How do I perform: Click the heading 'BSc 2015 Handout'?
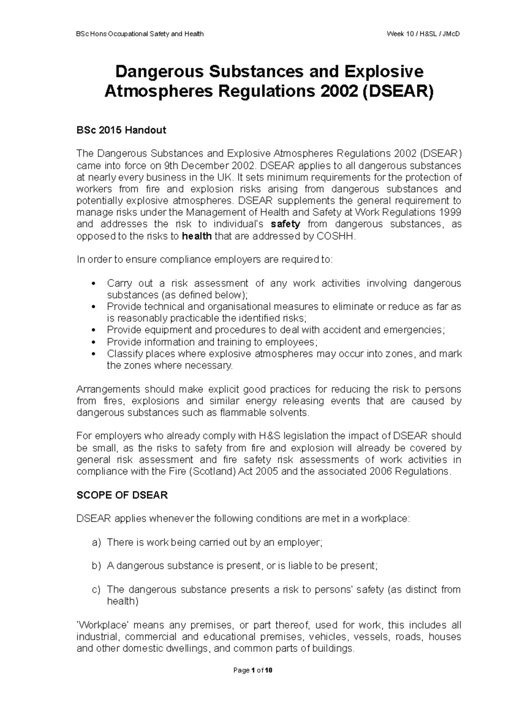coord(121,130)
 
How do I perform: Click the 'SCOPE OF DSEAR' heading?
coord(122,495)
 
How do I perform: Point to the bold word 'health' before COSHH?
coord(196,236)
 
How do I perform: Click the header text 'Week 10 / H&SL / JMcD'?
coord(423,34)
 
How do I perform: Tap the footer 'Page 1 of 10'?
coord(253,670)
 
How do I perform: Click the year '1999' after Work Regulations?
coord(450,212)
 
